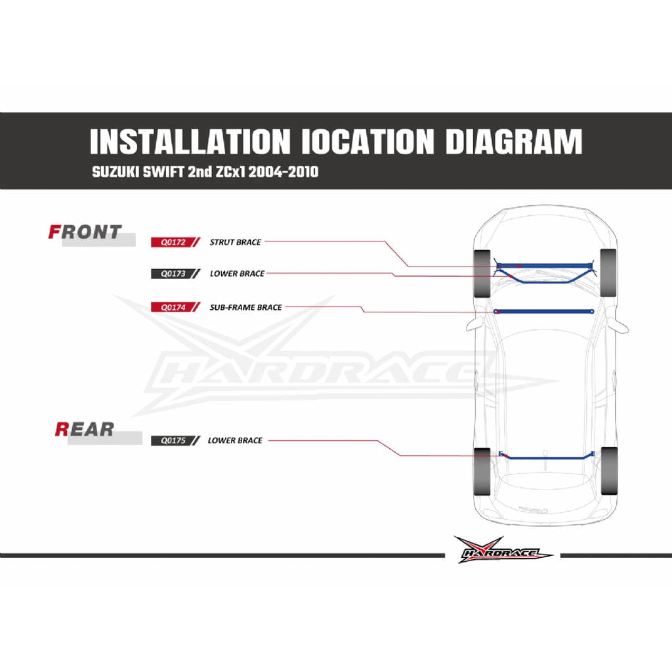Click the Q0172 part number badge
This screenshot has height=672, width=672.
point(175,242)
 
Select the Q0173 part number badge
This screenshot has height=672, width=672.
point(175,274)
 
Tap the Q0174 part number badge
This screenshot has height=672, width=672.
point(175,307)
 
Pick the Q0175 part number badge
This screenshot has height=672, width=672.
point(175,440)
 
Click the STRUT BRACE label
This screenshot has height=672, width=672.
point(236,242)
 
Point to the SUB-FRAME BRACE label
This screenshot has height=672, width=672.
point(245,307)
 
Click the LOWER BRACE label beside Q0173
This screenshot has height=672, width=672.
point(237,274)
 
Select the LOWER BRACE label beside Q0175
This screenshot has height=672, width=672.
point(235,440)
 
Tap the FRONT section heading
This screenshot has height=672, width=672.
point(85,232)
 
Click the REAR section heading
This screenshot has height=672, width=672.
point(85,429)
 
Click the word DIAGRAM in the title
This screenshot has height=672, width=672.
point(514,142)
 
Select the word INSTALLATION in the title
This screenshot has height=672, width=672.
point(190,142)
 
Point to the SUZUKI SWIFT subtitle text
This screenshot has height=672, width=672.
point(205,173)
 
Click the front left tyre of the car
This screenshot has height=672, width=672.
point(482,274)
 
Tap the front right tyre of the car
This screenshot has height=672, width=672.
point(608,272)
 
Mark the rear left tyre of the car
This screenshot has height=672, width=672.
point(482,471)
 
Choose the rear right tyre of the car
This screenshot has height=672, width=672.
point(609,471)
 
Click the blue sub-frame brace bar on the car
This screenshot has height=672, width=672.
point(544,312)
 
